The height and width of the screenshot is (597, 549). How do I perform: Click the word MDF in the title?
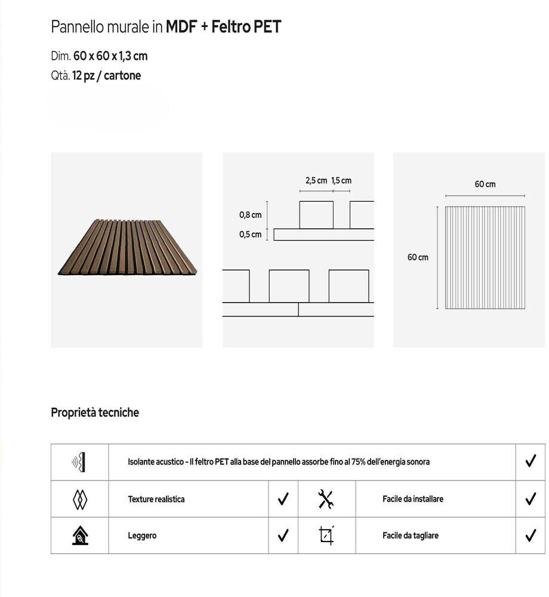click(x=181, y=27)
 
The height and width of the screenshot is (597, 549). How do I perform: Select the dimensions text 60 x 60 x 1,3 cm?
click(x=110, y=56)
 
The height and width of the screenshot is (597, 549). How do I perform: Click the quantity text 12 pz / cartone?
click(x=107, y=76)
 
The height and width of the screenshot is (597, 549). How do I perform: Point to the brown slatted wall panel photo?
click(x=127, y=247)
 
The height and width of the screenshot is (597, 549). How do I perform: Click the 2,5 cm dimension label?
click(x=316, y=180)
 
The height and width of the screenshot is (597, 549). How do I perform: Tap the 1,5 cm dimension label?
click(x=341, y=180)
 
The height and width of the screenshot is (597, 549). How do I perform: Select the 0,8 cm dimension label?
click(x=251, y=215)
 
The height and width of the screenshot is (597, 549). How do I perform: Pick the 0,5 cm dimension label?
click(x=251, y=235)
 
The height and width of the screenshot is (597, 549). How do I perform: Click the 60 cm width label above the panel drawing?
click(x=485, y=184)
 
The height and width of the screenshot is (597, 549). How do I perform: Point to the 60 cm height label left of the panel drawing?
click(x=418, y=257)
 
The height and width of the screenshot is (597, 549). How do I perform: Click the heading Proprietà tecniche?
click(x=95, y=413)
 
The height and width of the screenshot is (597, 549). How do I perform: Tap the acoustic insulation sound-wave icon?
click(x=79, y=461)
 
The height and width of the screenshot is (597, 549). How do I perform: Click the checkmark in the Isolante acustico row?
click(x=531, y=461)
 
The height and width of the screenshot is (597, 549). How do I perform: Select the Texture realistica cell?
click(x=156, y=499)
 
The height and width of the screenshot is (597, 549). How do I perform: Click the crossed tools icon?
click(x=326, y=499)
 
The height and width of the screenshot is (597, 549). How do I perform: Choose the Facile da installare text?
click(x=413, y=499)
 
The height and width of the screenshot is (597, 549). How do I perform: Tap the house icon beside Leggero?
click(x=79, y=536)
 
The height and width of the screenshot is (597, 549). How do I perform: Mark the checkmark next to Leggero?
click(x=283, y=535)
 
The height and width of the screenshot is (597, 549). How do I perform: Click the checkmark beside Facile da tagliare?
click(x=531, y=536)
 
